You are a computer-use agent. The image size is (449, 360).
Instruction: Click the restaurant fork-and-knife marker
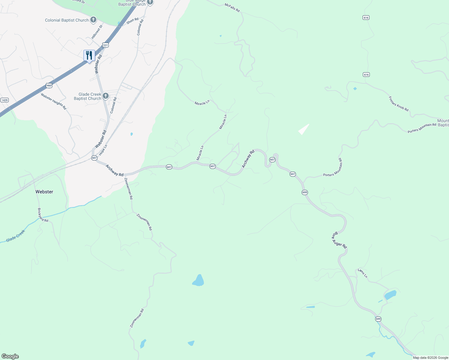point(89,56)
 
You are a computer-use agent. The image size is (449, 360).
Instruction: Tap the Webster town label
point(44,192)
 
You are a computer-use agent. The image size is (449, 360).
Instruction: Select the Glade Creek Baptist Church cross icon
point(105,96)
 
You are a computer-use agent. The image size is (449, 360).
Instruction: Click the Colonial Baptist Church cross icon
point(93,20)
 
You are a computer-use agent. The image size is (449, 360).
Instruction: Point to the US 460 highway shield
point(49,85)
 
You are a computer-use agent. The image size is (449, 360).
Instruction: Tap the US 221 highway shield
point(105,45)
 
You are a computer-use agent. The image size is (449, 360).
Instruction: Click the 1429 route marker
point(4,100)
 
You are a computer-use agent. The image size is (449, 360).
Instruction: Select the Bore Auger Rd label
point(339,240)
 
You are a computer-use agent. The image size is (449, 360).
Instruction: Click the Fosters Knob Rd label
point(399,104)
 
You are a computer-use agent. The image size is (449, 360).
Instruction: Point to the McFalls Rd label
point(232,8)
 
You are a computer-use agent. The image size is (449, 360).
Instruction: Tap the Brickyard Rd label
point(43,215)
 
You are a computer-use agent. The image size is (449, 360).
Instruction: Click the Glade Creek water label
point(16,236)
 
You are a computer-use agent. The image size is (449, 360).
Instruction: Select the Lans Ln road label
point(363,273)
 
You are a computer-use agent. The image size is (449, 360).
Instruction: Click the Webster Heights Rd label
point(53,101)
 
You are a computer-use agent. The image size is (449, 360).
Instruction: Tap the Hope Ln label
point(103,150)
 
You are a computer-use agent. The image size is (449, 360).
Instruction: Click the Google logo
point(10,356)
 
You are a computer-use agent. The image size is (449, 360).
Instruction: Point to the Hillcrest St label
point(97,32)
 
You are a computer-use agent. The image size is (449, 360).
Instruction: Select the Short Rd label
point(132,21)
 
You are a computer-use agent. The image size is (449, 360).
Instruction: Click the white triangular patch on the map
point(304,129)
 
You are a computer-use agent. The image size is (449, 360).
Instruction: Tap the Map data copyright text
point(430,358)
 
